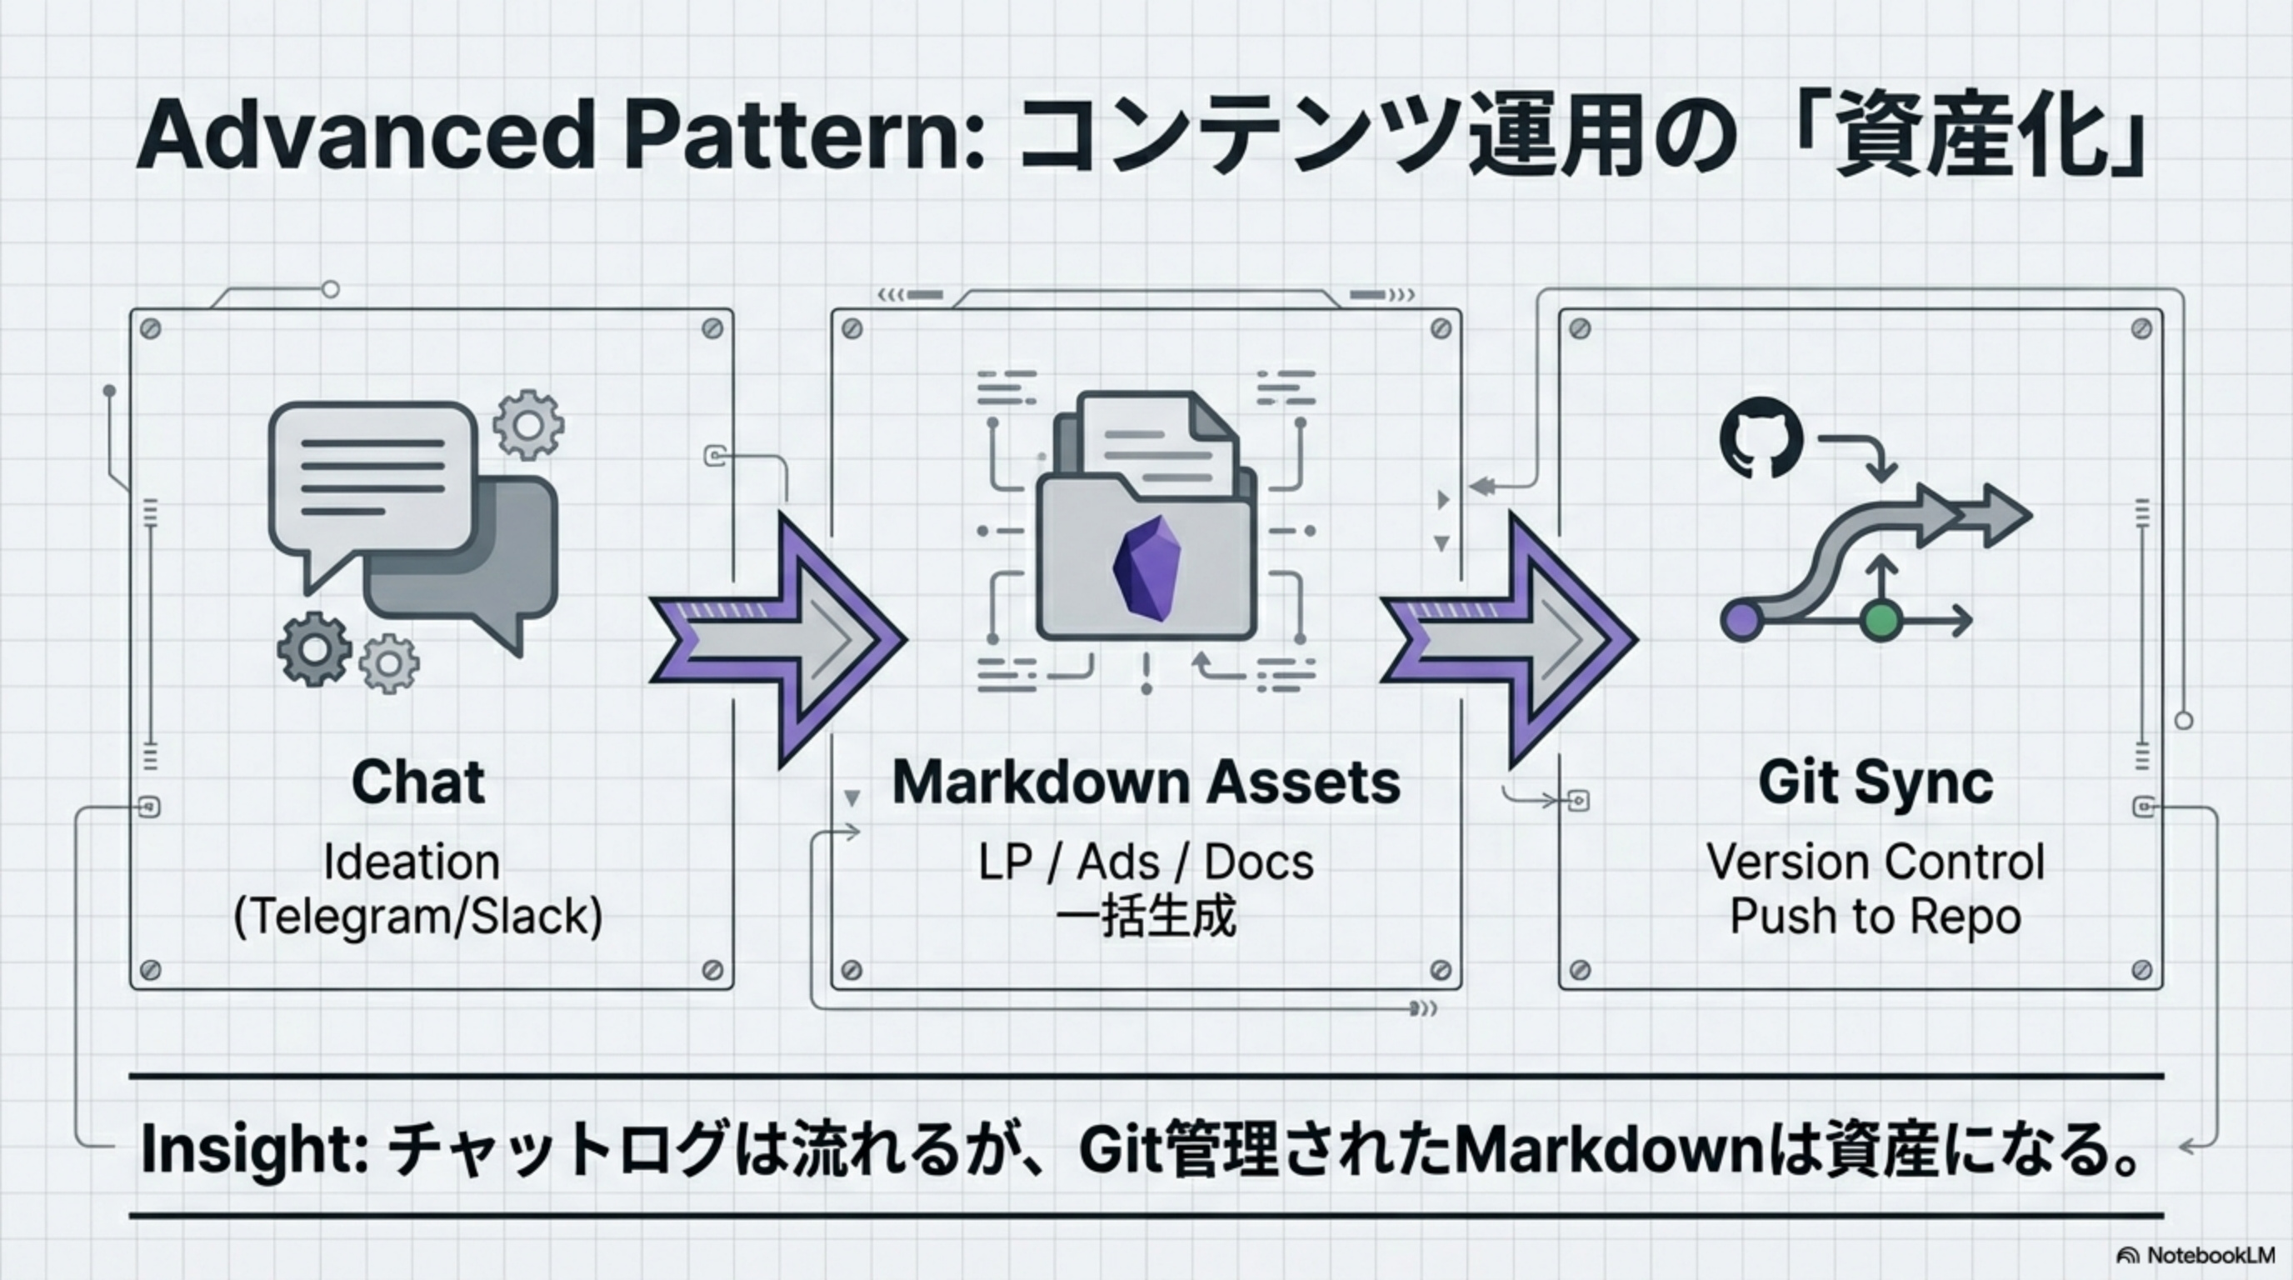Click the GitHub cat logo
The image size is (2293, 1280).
point(1761,439)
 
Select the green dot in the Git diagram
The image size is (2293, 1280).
point(1880,621)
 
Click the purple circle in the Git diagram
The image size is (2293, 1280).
point(1741,621)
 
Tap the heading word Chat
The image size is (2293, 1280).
point(417,782)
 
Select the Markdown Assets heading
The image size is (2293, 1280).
point(1146,782)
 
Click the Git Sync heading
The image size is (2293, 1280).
point(1876,782)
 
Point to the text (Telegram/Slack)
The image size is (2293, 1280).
point(417,917)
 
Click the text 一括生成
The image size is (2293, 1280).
point(1146,917)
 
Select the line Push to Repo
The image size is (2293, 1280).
point(1876,917)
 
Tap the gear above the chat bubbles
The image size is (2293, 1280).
point(529,426)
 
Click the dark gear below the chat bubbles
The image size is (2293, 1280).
point(313,649)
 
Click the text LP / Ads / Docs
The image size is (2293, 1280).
point(1146,862)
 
